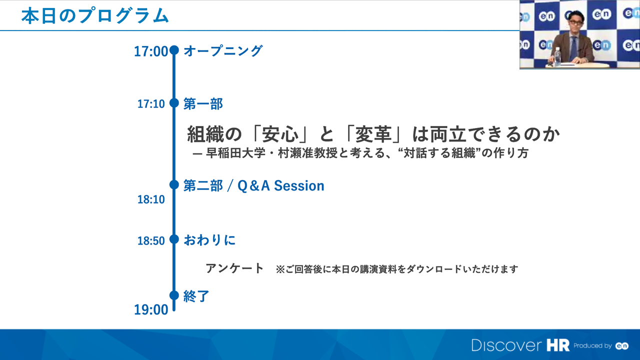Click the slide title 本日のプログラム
[x=95, y=15]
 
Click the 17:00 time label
[x=151, y=51]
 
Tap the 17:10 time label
[x=151, y=104]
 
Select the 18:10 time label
[x=151, y=199]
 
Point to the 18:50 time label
[x=151, y=241]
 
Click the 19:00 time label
[x=151, y=310]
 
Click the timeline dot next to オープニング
[x=174, y=50]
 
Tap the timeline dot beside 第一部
[x=174, y=103]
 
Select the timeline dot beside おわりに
[x=174, y=239]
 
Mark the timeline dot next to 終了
[x=174, y=295]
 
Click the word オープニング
[x=223, y=51]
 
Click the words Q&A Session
[x=281, y=185]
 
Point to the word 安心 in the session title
[x=280, y=134]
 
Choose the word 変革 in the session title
[x=373, y=134]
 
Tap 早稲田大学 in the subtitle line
[x=235, y=153]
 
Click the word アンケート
[x=234, y=268]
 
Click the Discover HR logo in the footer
[x=520, y=345]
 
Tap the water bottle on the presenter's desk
[x=557, y=57]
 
